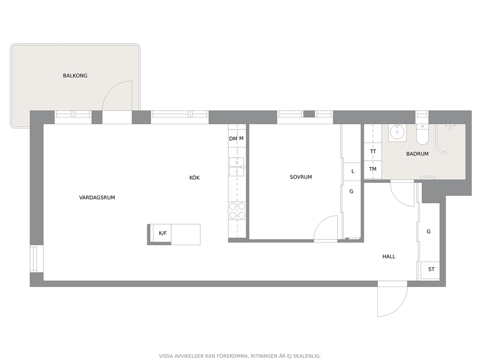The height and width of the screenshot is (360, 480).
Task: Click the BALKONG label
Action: click(75, 75)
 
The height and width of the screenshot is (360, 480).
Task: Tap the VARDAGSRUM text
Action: click(97, 197)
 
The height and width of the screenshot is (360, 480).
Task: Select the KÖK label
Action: click(195, 178)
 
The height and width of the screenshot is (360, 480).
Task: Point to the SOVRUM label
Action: click(301, 177)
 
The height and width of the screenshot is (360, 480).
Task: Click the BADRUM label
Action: click(417, 154)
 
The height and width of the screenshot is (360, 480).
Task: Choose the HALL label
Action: click(389, 256)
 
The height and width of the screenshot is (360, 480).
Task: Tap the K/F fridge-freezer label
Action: click(163, 233)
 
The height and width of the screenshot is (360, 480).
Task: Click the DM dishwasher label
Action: click(233, 139)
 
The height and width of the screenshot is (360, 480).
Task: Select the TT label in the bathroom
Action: click(373, 151)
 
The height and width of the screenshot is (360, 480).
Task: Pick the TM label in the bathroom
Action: click(373, 169)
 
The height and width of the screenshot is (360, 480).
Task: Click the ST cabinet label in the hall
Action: click(431, 270)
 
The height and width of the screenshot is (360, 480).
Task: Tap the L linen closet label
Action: click(353, 171)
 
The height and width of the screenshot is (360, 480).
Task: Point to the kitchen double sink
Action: click(237, 167)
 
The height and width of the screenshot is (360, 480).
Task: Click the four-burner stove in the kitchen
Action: click(237, 210)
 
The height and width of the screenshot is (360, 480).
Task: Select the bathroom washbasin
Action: click(397, 133)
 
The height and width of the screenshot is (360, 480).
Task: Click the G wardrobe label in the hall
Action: click(429, 231)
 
